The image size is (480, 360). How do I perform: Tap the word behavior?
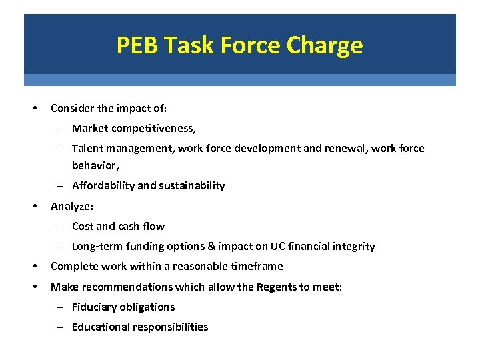93,164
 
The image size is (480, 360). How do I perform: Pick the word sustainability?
192,185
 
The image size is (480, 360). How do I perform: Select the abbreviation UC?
277,246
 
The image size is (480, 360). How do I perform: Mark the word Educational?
103,327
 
